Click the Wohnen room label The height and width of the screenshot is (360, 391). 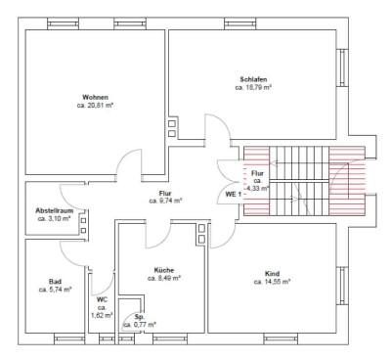pyautogui.click(x=95, y=97)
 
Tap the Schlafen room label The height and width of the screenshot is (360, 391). pyautogui.click(x=253, y=79)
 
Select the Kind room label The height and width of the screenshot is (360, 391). pyautogui.click(x=272, y=274)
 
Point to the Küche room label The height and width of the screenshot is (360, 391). pyautogui.click(x=164, y=270)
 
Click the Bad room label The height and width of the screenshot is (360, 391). pyautogui.click(x=55, y=282)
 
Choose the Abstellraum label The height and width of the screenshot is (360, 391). pyautogui.click(x=55, y=210)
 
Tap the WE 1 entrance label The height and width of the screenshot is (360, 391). pyautogui.click(x=234, y=194)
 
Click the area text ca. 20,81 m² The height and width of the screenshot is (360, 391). pyautogui.click(x=95, y=106)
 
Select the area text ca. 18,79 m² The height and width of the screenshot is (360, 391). pyautogui.click(x=253, y=88)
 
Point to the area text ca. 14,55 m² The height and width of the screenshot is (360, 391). pyautogui.click(x=272, y=282)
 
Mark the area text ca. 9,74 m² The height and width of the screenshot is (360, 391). pyautogui.click(x=165, y=202)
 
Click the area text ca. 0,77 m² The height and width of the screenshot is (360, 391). pyautogui.click(x=140, y=325)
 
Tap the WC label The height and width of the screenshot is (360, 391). pyautogui.click(x=102, y=300)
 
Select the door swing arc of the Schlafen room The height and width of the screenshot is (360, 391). pyautogui.click(x=222, y=119)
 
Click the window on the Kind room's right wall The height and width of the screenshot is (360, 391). pyautogui.click(x=342, y=286)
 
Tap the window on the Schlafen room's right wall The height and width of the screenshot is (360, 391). pyautogui.click(x=342, y=67)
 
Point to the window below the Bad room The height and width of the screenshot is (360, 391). pyautogui.click(x=69, y=338)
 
